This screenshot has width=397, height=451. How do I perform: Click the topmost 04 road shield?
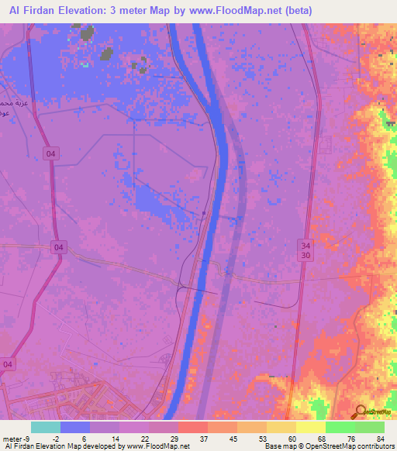click(51, 154)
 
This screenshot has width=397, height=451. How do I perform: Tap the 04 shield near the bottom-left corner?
click(9, 363)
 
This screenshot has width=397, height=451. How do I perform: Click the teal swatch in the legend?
click(46, 427)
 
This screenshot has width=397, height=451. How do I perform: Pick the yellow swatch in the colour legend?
click(311, 427)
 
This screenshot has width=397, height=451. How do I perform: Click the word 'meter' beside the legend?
click(11, 439)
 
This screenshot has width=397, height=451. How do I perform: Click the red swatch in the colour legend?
click(193, 427)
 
